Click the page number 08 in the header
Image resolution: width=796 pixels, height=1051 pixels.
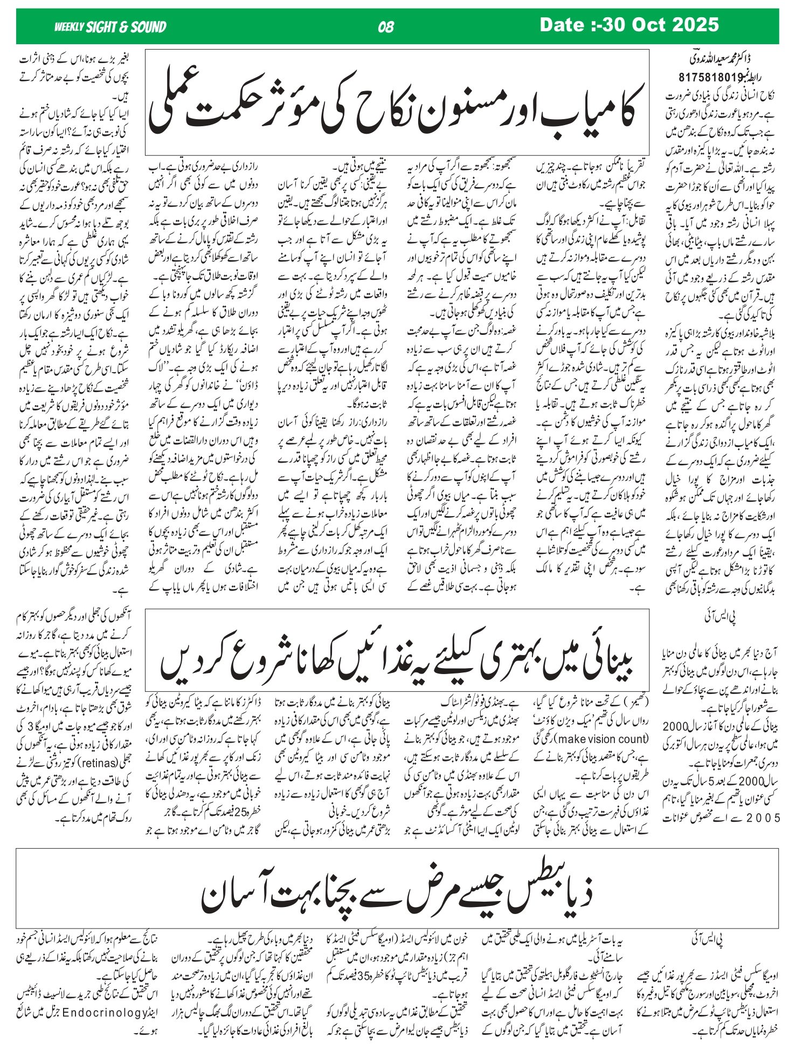(386, 27)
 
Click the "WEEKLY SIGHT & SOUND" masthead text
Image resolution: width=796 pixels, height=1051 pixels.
(110, 27)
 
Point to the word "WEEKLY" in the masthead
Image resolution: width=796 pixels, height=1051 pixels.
(68, 27)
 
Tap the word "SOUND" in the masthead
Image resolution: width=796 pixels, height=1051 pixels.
(146, 27)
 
